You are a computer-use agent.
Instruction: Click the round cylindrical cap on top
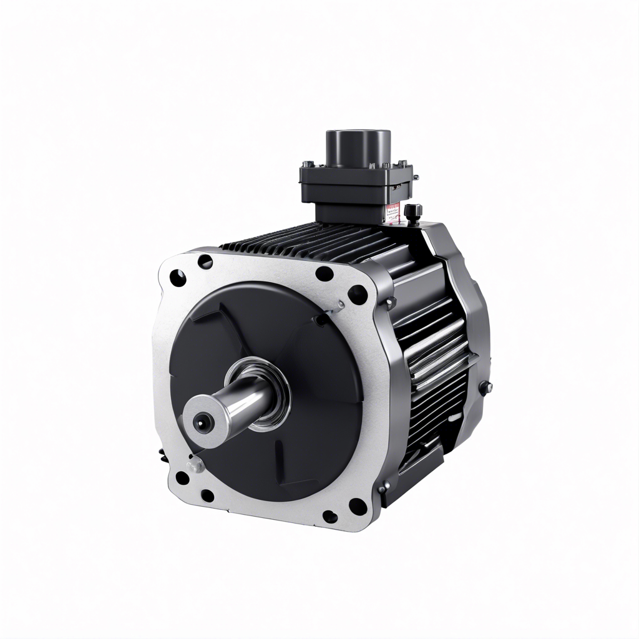(358, 147)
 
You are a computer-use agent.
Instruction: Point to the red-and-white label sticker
(392, 213)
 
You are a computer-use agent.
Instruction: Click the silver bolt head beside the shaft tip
(197, 464)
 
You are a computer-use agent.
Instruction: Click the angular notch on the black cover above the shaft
(206, 315)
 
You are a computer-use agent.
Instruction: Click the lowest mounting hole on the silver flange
(329, 517)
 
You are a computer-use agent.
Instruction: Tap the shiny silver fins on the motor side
(437, 349)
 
